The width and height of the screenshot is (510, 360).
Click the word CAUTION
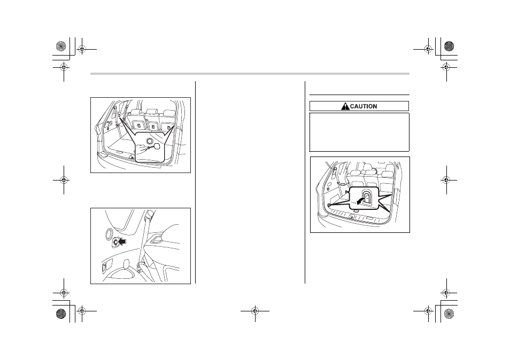point(364,106)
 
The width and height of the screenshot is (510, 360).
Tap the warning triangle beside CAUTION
point(345,106)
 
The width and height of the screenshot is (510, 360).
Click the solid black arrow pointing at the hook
point(122,241)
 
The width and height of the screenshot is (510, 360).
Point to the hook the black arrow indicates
point(115,242)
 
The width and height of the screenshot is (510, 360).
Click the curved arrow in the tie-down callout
point(360,200)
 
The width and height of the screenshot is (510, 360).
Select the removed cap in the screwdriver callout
point(158,146)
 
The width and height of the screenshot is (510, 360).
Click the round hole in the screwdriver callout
point(150,140)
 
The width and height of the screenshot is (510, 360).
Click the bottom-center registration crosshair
point(255,311)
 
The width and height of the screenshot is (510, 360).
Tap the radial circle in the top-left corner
point(61,46)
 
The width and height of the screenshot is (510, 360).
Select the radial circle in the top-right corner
point(449,46)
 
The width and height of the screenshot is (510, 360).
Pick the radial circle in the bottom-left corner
point(61,314)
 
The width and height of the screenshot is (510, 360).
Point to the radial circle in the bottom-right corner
point(449,314)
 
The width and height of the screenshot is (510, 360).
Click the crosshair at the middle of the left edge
point(64,179)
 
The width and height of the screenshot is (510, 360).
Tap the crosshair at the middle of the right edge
point(446,179)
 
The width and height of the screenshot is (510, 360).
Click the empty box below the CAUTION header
point(359,132)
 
